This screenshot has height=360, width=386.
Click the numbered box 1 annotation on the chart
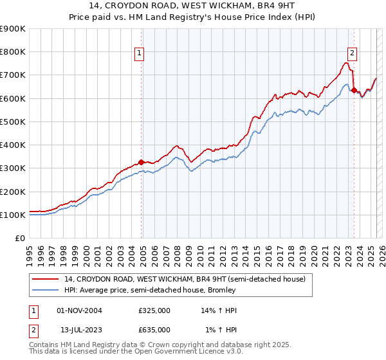(x=139, y=53)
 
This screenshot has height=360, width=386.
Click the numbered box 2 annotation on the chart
(x=353, y=53)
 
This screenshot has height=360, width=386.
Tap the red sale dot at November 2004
(x=142, y=162)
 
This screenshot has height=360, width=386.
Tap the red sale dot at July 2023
(x=354, y=90)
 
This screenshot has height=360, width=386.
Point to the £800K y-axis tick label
(x=13, y=52)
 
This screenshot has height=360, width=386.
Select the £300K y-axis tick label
(x=13, y=168)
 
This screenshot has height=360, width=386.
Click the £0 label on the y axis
(x=20, y=239)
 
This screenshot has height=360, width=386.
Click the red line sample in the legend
(x=46, y=279)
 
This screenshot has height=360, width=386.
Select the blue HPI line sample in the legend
(x=46, y=290)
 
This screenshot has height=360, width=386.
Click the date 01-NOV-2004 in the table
(x=79, y=310)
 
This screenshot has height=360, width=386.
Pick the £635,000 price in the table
(x=154, y=330)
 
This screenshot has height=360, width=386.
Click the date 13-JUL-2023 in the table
(x=80, y=330)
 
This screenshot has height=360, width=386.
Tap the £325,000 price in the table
(x=154, y=310)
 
